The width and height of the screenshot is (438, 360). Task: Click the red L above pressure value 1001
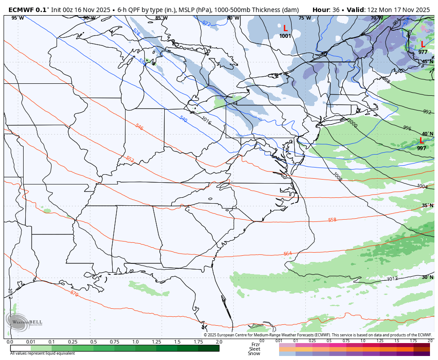pos(285,29)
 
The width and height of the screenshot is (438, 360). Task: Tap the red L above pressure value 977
pos(422,45)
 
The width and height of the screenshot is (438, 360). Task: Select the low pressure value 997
pos(422,148)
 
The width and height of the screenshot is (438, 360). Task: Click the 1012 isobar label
pos(392,279)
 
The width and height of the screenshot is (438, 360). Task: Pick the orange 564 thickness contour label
pos(288,254)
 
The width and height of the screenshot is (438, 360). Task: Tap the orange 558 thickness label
pos(332,220)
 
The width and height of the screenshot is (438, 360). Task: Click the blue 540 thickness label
pos(183,119)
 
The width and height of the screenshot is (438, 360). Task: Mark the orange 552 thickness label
pos(130,159)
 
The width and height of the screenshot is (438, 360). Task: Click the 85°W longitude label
pos(161,18)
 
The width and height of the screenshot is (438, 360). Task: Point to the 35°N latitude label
pos(427,205)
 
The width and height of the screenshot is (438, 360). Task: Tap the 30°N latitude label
pos(427,277)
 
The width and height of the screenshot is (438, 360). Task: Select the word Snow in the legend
pos(254,353)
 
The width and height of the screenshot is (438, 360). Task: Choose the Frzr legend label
pos(255,344)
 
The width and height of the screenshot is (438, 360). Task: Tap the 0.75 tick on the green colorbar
pos(114,342)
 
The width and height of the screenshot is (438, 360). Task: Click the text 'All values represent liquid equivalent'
pos(42,353)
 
